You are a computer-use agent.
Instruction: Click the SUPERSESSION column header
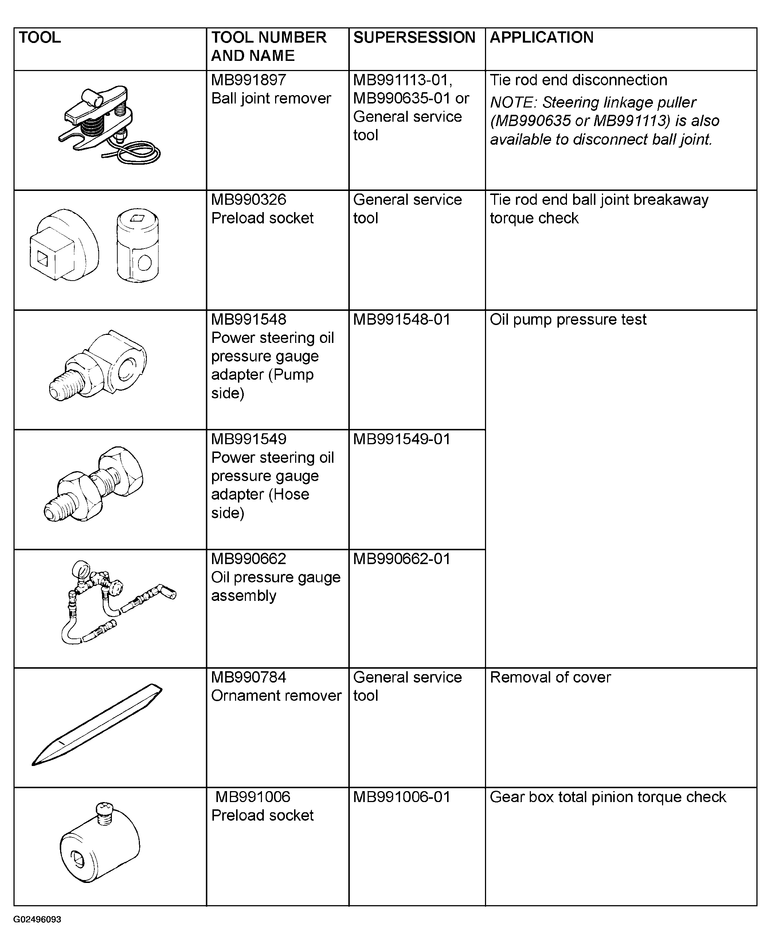pos(414,38)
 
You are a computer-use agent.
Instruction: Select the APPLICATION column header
pos(541,38)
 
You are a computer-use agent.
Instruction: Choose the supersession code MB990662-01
pos(402,559)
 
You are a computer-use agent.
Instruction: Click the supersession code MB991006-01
pos(402,797)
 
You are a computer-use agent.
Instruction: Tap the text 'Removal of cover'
pos(550,677)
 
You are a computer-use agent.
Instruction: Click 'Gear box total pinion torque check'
pos(607,797)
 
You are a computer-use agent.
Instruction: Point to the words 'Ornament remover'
pos(276,696)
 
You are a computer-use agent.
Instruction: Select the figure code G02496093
pos(37,919)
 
